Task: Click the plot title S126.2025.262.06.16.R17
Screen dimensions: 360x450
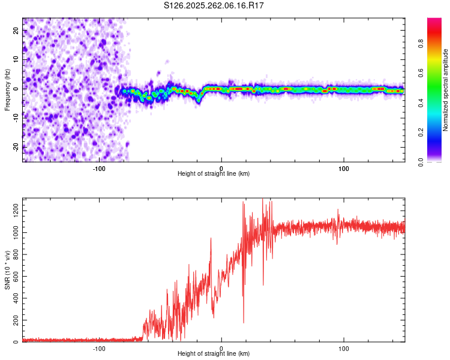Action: click(214, 5)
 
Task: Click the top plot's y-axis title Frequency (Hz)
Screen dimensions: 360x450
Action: click(7, 89)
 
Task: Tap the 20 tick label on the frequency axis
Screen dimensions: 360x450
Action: click(16, 32)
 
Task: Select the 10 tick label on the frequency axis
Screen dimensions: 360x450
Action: click(16, 60)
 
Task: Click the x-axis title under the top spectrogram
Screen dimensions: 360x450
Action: click(214, 173)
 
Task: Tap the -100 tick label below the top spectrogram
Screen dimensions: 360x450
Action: click(99, 167)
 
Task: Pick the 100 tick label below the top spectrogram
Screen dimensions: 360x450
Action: click(344, 167)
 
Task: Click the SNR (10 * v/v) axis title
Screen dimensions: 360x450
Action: click(7, 270)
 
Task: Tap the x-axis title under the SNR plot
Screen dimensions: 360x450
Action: click(214, 353)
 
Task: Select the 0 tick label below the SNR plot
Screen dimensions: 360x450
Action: click(221, 347)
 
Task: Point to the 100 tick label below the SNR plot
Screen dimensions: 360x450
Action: click(344, 347)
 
